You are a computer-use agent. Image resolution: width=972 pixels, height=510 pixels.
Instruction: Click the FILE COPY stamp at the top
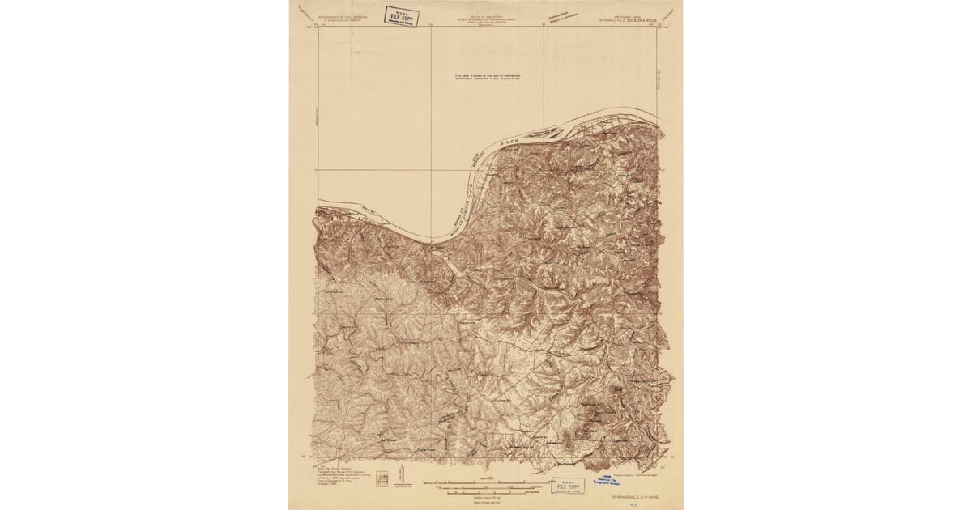coord(401,16)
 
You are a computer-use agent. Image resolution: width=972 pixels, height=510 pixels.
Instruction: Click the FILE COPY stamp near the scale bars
coord(567,486)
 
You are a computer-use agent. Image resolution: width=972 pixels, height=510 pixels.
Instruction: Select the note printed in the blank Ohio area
coord(487,79)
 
